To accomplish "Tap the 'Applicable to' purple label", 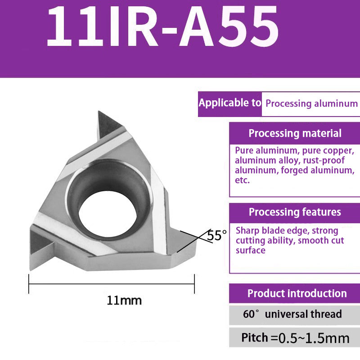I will (x=229, y=103).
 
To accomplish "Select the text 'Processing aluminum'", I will (x=311, y=103).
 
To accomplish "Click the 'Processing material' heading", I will (x=295, y=133).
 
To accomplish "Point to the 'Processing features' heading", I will (x=295, y=212).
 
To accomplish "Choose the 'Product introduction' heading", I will (x=297, y=293).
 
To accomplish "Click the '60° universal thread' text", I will (x=292, y=314).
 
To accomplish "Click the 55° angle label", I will (x=217, y=235).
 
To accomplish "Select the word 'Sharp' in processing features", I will (x=247, y=230).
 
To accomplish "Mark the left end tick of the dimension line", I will (x=29, y=283).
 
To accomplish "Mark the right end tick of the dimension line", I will (x=194, y=283).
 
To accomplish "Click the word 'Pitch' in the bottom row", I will (x=255, y=337).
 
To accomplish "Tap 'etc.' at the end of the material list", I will (x=242, y=180).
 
